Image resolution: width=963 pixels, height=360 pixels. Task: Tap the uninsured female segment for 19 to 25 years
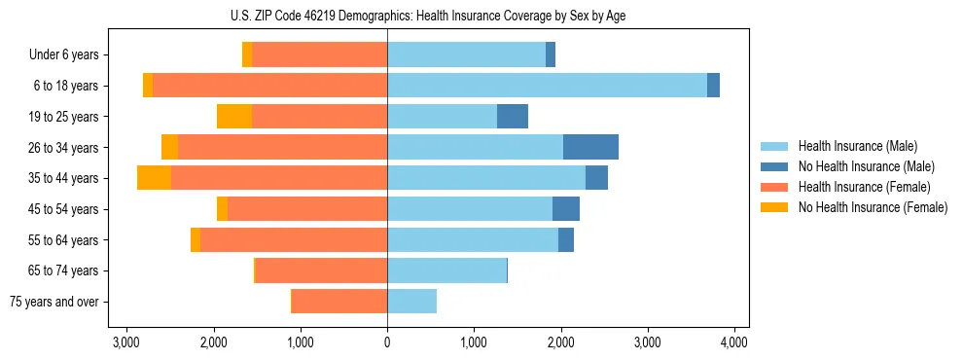234,117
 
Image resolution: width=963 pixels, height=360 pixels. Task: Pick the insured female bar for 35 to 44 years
279,178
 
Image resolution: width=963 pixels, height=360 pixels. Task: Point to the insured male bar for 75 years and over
411,302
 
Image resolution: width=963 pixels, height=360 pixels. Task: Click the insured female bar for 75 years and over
339,302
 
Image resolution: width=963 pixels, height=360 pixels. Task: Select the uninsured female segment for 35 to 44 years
154,178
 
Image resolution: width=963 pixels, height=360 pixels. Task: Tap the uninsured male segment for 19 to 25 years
513,117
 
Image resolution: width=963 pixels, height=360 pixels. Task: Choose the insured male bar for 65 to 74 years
446,270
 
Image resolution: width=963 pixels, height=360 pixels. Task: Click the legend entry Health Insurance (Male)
858,146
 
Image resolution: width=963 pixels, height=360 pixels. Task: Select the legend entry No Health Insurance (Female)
873,207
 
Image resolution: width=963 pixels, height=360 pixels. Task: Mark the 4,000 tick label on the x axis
733,342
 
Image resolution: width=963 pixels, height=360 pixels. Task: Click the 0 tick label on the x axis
387,342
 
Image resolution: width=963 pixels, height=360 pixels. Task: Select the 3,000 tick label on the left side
126,342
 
